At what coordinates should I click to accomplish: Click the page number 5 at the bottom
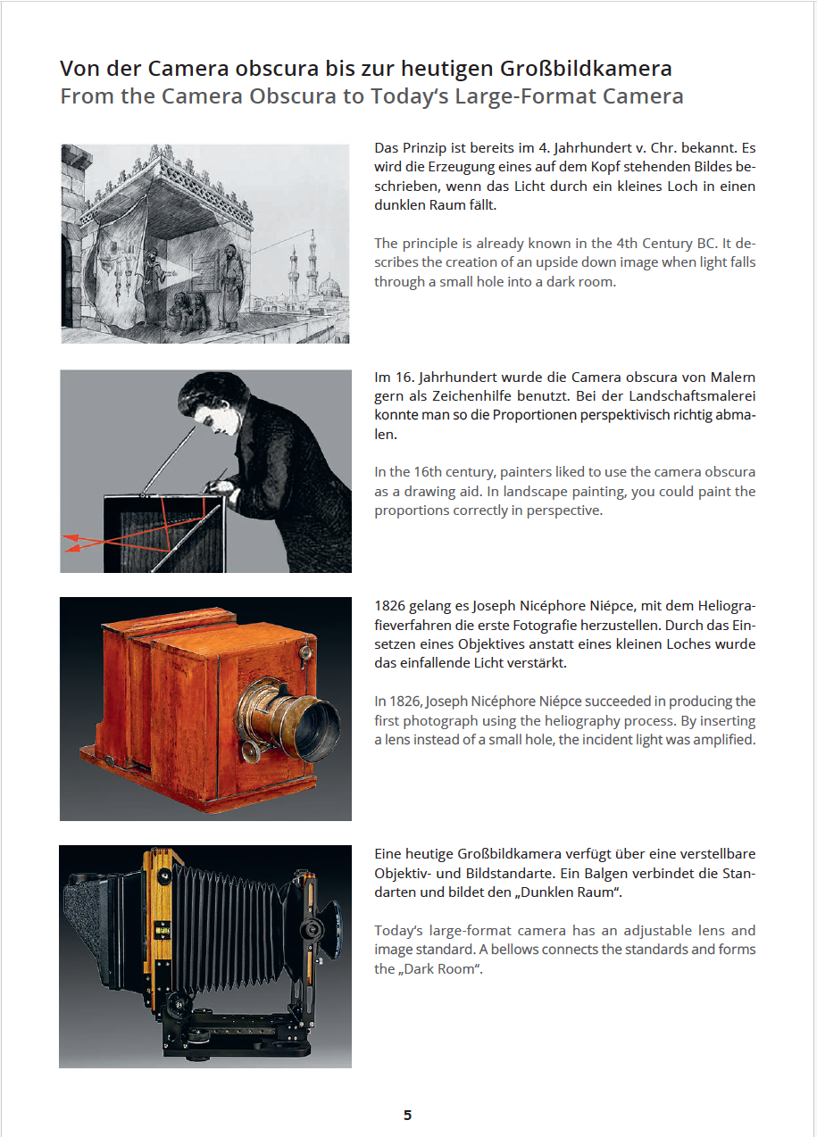(x=407, y=1115)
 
